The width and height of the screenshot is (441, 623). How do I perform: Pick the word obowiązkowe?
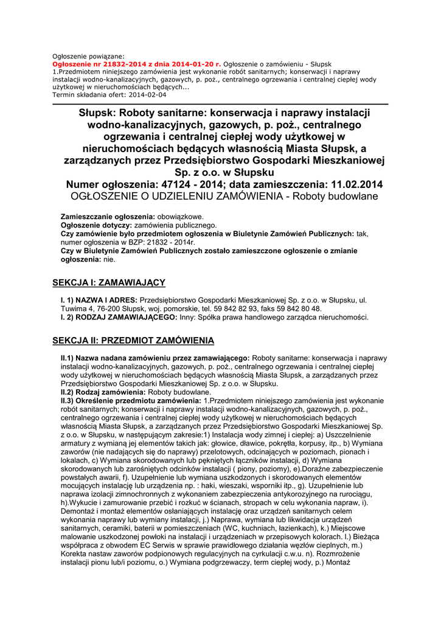pos(181,217)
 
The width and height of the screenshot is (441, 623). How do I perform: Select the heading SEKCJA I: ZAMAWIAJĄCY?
pos(109,282)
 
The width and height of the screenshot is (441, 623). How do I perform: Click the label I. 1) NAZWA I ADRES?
pos(99,301)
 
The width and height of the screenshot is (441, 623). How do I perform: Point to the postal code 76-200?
pos(99,309)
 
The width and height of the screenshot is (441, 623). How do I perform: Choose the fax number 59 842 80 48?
pos(296,309)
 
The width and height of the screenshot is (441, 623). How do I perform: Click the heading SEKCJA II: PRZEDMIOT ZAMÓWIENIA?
pos(133,340)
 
